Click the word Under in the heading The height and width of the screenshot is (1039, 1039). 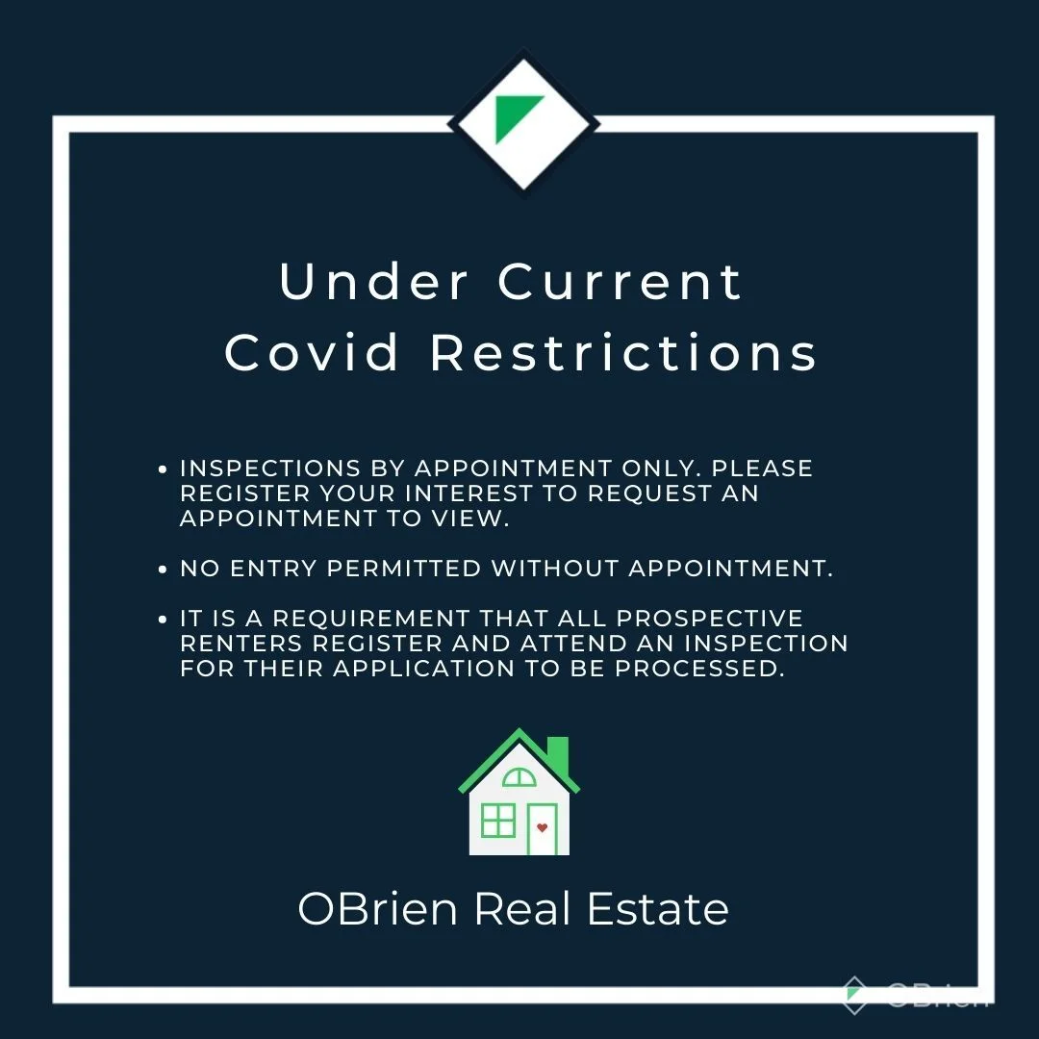click(373, 282)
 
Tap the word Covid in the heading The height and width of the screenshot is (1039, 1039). click(312, 351)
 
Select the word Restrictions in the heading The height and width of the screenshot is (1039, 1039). click(623, 351)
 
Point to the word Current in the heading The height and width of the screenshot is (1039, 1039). click(621, 282)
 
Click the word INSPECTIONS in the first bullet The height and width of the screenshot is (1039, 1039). click(270, 469)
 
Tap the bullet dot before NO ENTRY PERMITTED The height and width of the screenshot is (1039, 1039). click(163, 570)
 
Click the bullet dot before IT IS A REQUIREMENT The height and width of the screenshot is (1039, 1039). click(163, 620)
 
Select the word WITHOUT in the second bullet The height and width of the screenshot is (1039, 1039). click(555, 569)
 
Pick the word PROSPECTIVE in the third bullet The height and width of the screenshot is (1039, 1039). click(710, 619)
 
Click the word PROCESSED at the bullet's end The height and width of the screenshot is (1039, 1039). click(699, 669)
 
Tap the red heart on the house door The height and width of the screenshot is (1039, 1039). click(542, 827)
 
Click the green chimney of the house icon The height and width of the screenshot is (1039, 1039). click(558, 755)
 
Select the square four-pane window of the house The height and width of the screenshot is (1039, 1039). click(497, 821)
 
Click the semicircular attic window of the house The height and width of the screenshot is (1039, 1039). click(519, 777)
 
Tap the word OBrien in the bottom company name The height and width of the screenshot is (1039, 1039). click(378, 908)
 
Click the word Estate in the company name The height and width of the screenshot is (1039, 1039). click(657, 908)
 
